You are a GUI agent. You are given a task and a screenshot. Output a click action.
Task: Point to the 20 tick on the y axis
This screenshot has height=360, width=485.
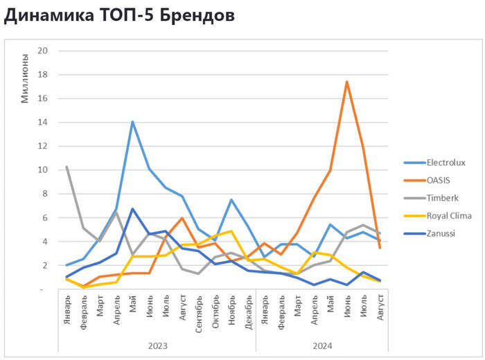43,51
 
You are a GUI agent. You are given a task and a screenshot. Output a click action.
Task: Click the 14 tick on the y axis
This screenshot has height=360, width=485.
43,122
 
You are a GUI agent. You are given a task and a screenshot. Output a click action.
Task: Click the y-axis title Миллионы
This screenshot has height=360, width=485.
25,78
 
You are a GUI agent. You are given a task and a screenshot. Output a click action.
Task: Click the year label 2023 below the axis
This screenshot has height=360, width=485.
157,345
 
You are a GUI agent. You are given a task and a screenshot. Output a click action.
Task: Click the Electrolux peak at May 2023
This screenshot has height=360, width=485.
132,122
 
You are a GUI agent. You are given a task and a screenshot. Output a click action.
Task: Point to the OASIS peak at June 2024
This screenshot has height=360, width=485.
346,82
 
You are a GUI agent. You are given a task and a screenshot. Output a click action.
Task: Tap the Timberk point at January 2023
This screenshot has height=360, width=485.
67,167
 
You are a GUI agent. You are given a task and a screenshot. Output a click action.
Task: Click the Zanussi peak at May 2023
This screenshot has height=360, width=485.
132,208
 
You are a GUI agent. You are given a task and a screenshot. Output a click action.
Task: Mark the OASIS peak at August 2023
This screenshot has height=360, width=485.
182,218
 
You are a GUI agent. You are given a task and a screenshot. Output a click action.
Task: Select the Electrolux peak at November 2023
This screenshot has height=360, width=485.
231,200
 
